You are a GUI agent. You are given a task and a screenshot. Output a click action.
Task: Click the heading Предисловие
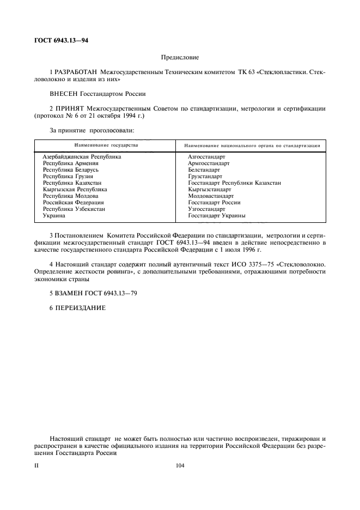click(x=180, y=57)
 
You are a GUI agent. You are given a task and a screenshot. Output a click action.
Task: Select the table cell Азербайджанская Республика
click(x=82, y=156)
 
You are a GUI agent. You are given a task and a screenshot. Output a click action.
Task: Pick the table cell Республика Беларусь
click(x=70, y=169)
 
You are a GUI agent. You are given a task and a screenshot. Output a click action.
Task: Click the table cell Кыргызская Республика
click(x=75, y=189)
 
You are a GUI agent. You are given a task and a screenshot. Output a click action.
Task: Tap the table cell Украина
click(x=54, y=215)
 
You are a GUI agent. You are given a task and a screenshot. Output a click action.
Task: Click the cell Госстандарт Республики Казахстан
click(x=234, y=183)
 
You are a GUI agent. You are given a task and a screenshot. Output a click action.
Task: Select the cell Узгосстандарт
click(x=206, y=209)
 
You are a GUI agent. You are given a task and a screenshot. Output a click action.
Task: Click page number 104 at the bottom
click(x=180, y=465)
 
